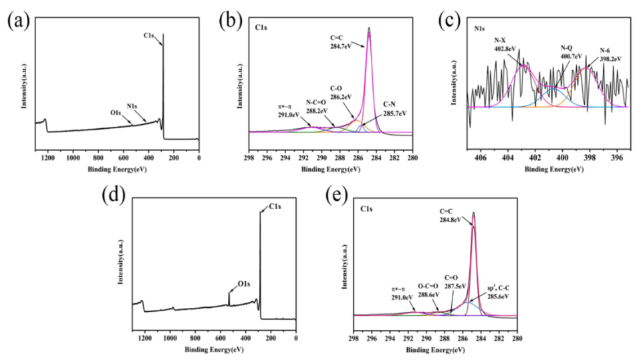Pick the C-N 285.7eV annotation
pos(390,110)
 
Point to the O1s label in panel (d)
pos(244,285)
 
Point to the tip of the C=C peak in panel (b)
pos(368,28)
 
